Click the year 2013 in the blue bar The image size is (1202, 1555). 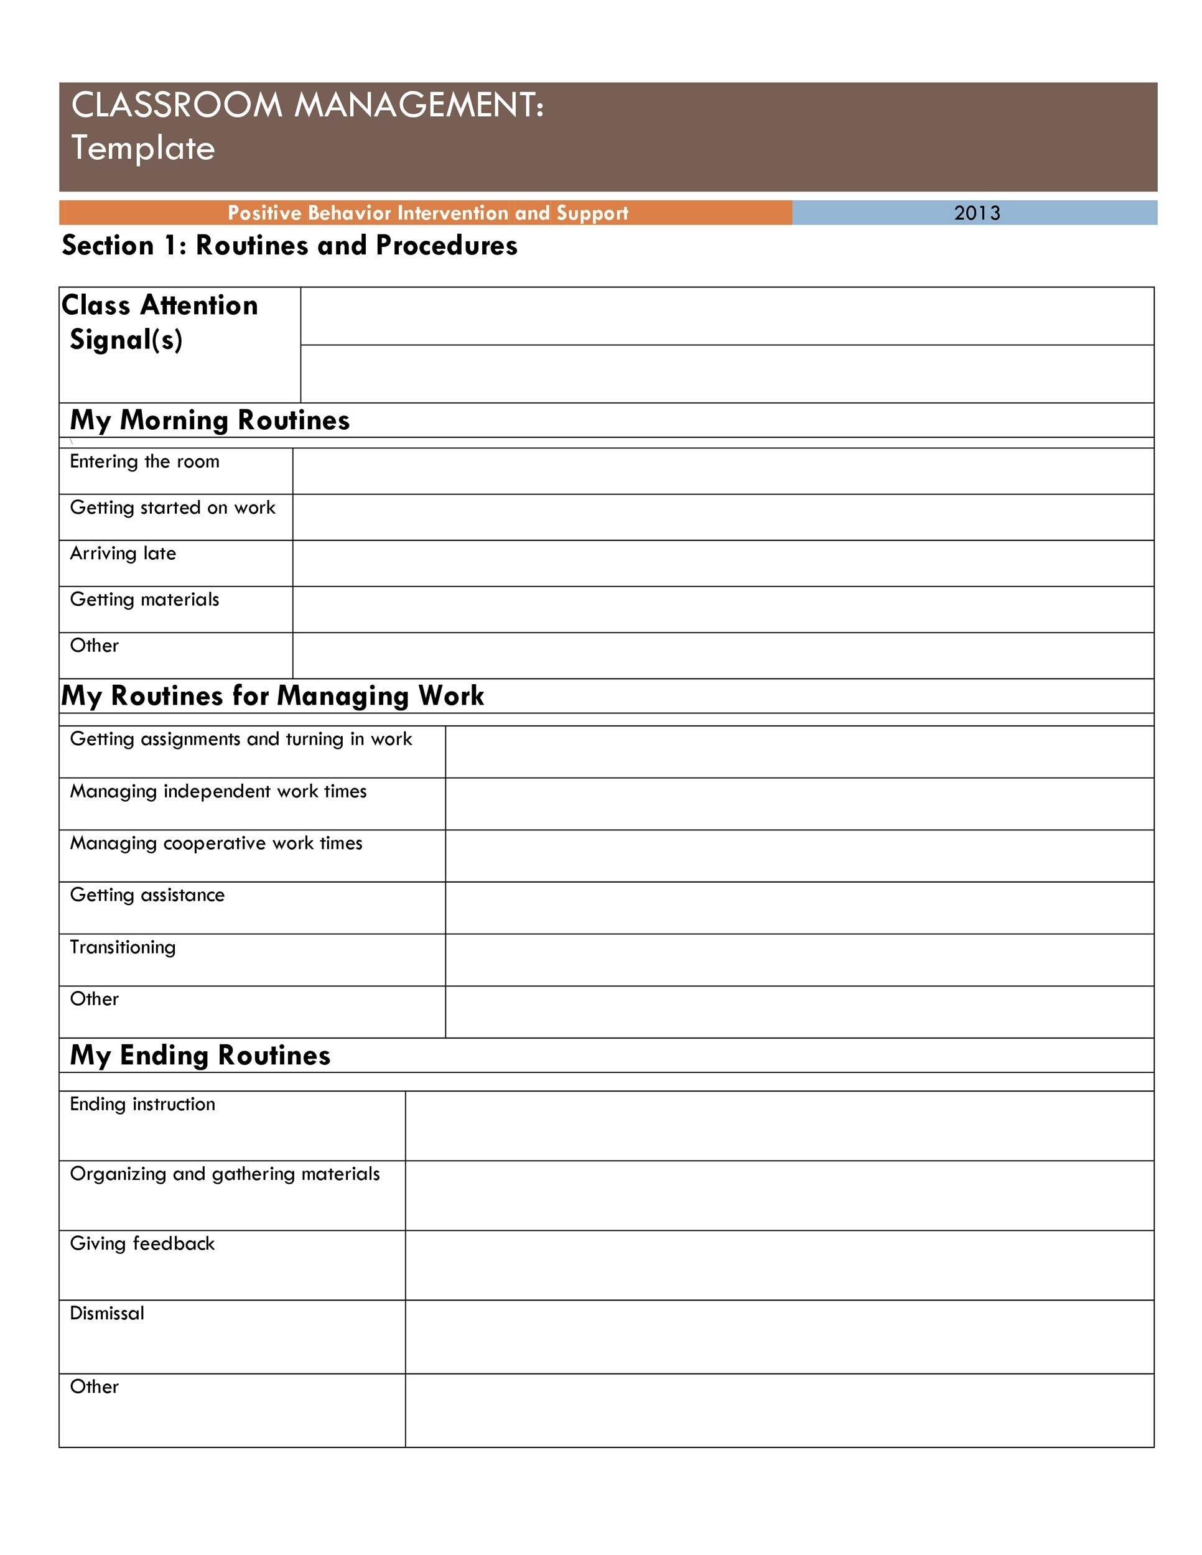coord(976,213)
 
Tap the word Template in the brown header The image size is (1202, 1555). coord(142,148)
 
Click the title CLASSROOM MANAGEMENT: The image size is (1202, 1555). coord(307,104)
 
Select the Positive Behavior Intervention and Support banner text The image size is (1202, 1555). coord(427,213)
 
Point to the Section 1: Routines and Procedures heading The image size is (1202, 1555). coord(289,245)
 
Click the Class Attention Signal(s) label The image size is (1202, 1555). coord(159,322)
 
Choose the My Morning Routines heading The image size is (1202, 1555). coord(209,420)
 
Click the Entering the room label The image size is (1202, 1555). coord(144,462)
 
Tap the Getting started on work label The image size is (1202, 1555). coord(172,508)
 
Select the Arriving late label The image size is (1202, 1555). coord(123,553)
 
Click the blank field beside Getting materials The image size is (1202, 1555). coord(722,610)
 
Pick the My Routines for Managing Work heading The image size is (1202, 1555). coord(272,695)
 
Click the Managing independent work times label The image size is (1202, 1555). coord(218,791)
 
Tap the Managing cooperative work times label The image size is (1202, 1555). coord(216,843)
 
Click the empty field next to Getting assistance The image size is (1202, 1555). coord(799,907)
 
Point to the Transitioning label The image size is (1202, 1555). coord(123,947)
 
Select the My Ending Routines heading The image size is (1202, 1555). coord(200,1055)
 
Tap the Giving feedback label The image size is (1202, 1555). coord(142,1243)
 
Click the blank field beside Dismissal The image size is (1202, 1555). coord(779,1337)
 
